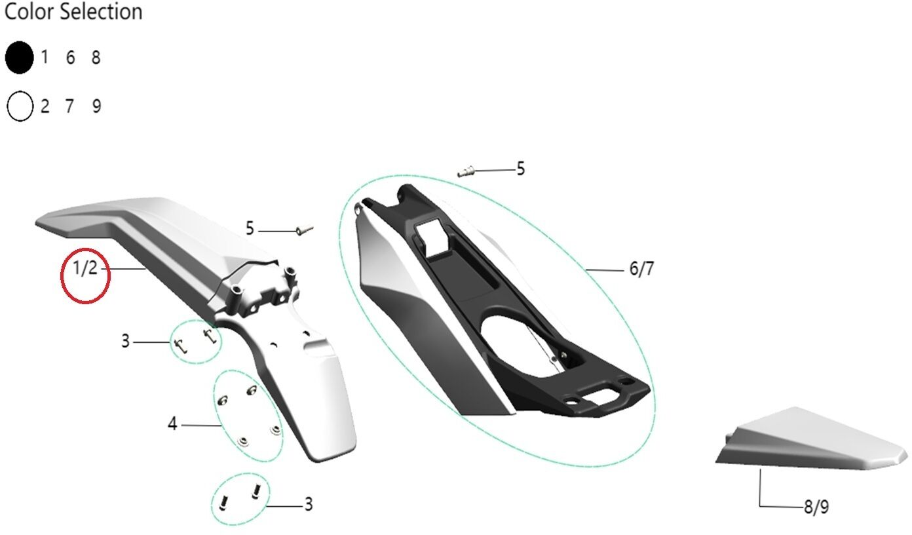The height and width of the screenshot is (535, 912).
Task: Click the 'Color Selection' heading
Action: pos(73,12)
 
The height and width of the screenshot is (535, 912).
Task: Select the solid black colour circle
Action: pos(19,58)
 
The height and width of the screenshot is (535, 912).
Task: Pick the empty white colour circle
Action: pos(20,106)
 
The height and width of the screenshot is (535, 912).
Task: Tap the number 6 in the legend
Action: pos(71,58)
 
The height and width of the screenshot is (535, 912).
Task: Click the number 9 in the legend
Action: pos(96,106)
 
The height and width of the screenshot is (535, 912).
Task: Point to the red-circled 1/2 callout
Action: pos(85,268)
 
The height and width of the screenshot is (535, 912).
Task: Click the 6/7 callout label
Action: pos(641,269)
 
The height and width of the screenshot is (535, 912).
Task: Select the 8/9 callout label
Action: pos(816,507)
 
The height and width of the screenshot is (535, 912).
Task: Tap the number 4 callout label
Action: pos(172,424)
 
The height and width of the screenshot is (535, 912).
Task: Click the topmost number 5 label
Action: pos(521,168)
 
